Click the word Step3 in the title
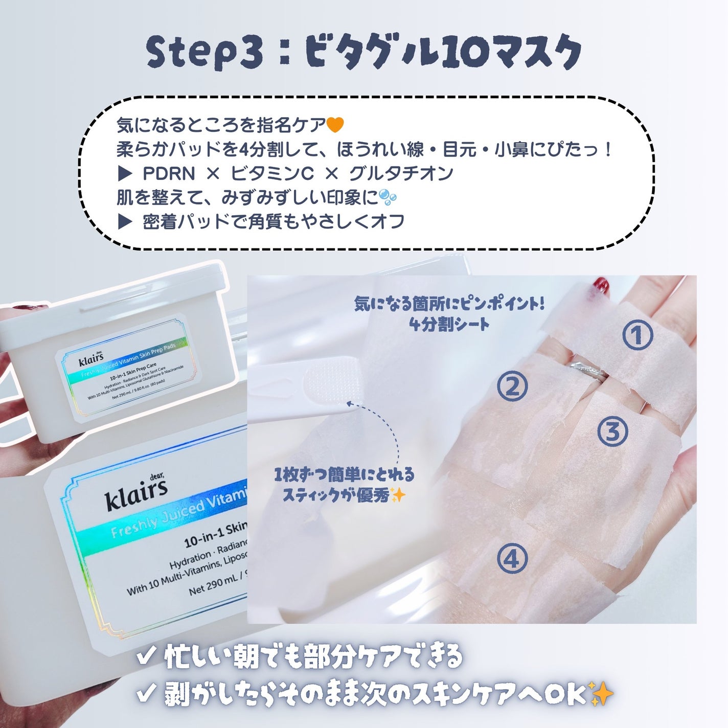point(205,53)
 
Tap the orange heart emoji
point(335,124)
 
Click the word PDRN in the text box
point(168,174)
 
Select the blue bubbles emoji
point(388,197)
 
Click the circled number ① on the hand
point(638,335)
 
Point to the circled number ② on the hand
point(512,386)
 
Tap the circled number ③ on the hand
point(612,431)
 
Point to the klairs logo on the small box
point(91,359)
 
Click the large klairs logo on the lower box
point(136,494)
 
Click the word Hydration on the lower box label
point(191,560)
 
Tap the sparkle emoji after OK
point(601,694)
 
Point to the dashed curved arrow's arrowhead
point(350,404)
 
